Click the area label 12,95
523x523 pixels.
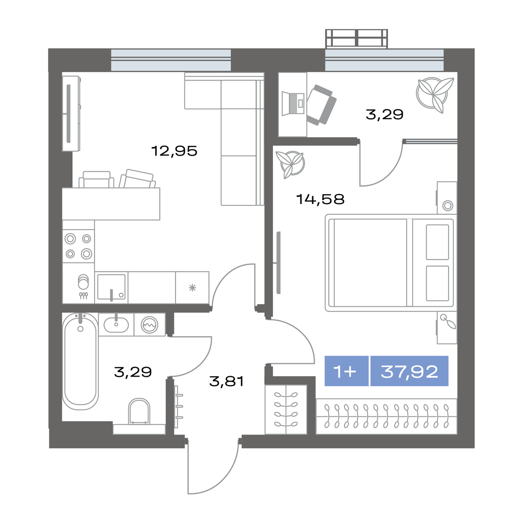174,151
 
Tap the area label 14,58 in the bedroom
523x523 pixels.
320,199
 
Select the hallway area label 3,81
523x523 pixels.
226,381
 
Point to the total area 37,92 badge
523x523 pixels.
409,371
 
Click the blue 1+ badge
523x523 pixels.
346,371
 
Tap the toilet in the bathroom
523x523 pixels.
139,411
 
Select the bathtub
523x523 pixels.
80,361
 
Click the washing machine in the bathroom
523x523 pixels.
149,324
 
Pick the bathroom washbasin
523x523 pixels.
116,324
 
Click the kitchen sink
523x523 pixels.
111,287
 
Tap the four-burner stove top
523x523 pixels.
78,246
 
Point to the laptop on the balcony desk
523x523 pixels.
293,103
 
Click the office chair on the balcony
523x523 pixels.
321,105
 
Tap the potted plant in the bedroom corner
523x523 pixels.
290,164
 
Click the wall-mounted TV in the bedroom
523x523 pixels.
278,262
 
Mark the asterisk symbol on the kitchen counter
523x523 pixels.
192,288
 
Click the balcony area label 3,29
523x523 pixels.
384,114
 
